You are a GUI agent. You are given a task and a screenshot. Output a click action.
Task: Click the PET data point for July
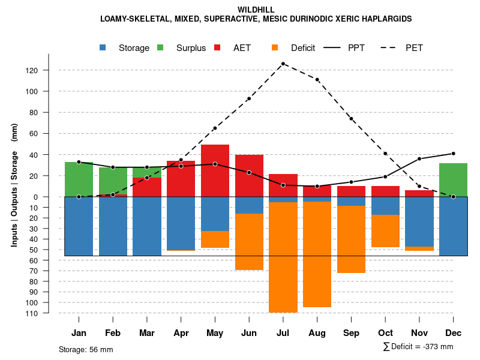point(283,64)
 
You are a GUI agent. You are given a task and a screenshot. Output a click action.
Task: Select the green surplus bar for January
point(79,179)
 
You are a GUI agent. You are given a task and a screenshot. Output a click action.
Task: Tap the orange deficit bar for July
point(283,257)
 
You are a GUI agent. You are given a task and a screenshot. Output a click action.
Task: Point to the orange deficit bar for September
point(352,239)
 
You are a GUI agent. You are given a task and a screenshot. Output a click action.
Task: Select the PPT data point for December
point(454,154)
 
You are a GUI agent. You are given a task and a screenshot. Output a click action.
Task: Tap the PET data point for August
point(317,80)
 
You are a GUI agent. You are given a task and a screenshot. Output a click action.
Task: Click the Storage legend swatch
point(103,48)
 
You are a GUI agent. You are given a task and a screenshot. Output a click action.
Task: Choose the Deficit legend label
point(303,48)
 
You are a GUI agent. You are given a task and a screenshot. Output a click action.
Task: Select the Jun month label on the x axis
point(249,332)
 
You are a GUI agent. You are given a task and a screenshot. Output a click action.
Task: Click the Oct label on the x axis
point(386,332)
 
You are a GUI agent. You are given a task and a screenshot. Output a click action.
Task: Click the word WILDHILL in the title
point(256,10)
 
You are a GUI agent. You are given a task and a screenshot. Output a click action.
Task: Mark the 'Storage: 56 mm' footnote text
point(86,349)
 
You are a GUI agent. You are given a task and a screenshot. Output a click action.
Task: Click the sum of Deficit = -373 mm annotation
point(418,346)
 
